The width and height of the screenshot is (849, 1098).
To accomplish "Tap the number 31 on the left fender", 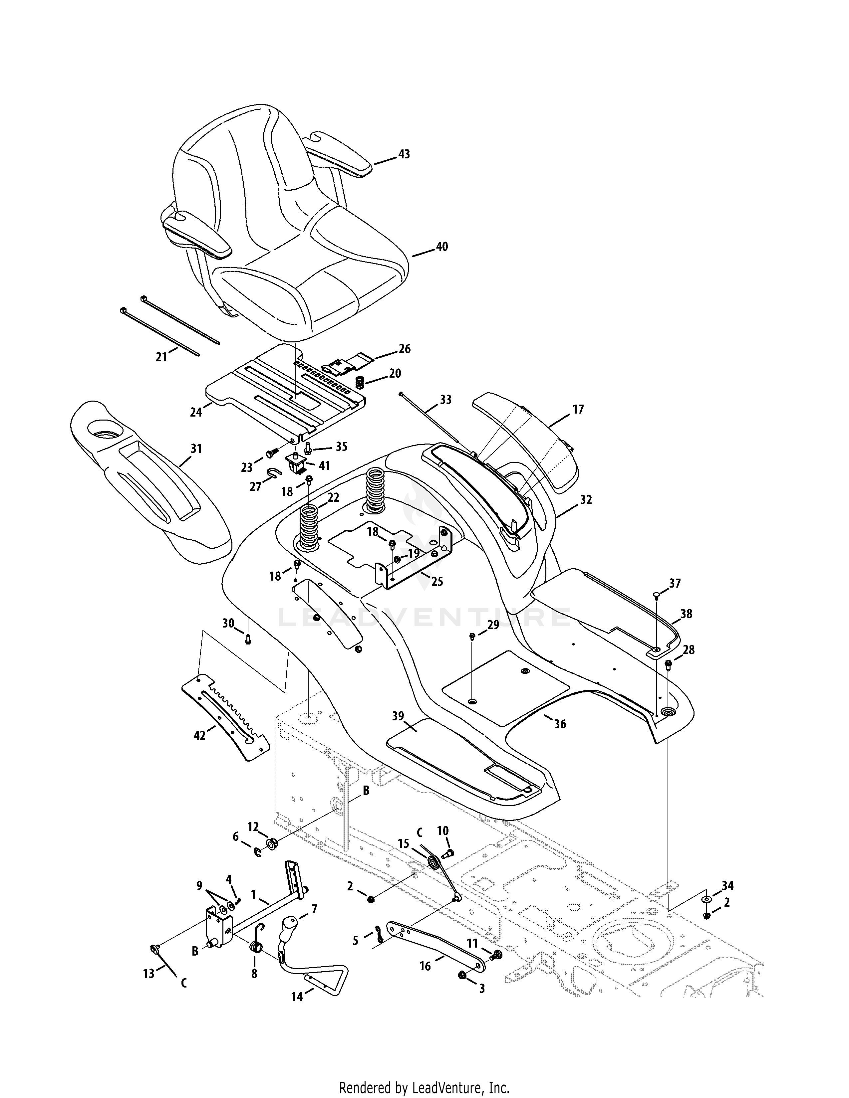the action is tap(196, 449).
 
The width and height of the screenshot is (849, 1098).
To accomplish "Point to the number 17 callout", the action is tap(578, 410).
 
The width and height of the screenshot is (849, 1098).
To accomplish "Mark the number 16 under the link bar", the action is tap(425, 966).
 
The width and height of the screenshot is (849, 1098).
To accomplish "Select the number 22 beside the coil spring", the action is tap(333, 498).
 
